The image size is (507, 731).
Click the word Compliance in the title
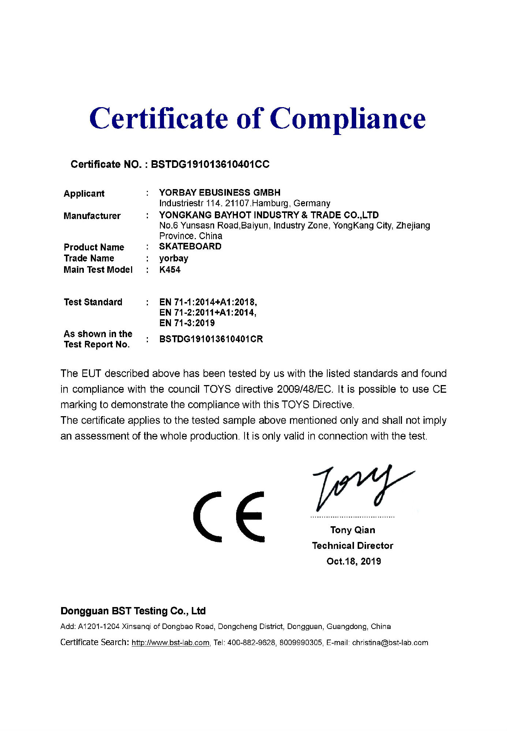point(348,119)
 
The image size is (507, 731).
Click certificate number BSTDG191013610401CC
point(210,165)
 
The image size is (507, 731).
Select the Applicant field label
point(84,193)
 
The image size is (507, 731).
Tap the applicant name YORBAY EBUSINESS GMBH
point(220,193)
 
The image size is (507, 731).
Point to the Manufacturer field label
point(92,216)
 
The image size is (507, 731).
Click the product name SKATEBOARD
point(190,246)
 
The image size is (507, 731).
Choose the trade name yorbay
point(174,258)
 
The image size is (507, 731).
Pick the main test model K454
point(170,270)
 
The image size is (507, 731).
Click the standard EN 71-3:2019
point(187,323)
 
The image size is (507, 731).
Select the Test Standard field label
point(93,302)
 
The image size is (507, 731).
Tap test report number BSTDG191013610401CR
point(211,339)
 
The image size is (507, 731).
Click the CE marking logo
point(229,516)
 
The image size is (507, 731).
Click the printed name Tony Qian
point(353,530)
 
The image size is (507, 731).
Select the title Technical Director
point(353,546)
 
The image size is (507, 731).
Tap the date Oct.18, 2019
point(354,561)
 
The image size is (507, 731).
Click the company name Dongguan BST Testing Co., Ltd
point(133,611)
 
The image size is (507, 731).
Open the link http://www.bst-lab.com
point(171,643)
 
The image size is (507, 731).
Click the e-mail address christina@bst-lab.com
point(390,643)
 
